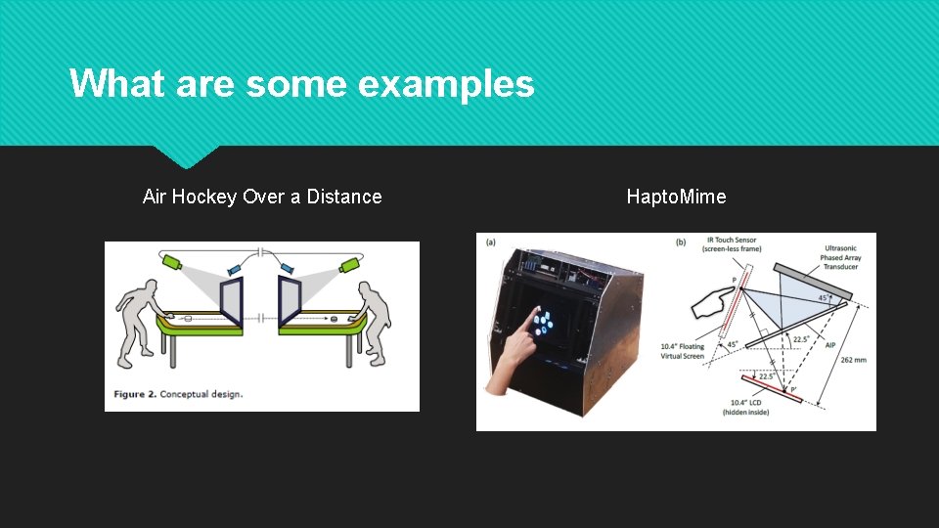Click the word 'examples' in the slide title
click(446, 84)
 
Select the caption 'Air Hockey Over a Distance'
click(262, 197)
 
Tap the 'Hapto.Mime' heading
click(676, 197)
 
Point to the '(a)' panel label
click(491, 242)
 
